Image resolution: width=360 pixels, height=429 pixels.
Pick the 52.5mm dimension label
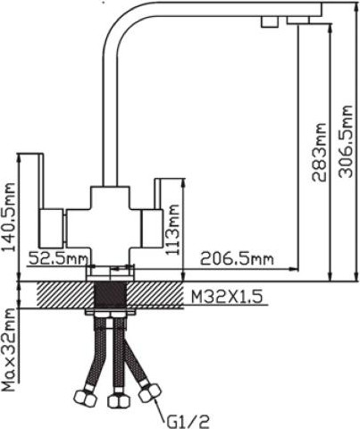[x=57, y=259]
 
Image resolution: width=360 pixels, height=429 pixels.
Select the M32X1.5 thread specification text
[x=227, y=296]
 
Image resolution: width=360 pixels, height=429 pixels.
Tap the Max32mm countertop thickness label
[x=11, y=350]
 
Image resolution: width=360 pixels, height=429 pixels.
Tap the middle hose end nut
[x=114, y=401]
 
